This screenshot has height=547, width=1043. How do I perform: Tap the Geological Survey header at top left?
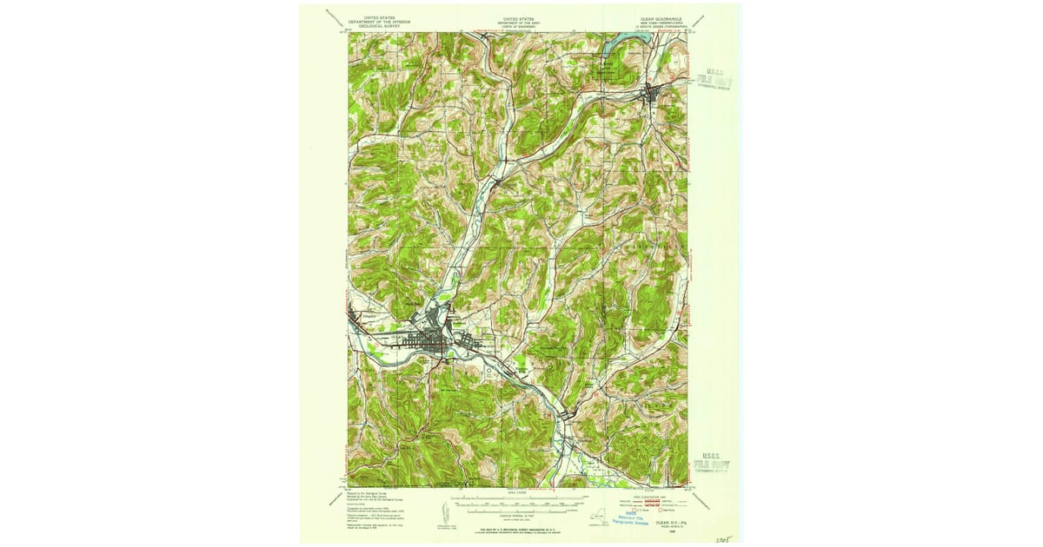(379, 21)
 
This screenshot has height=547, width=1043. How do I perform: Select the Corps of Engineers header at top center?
(518, 21)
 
